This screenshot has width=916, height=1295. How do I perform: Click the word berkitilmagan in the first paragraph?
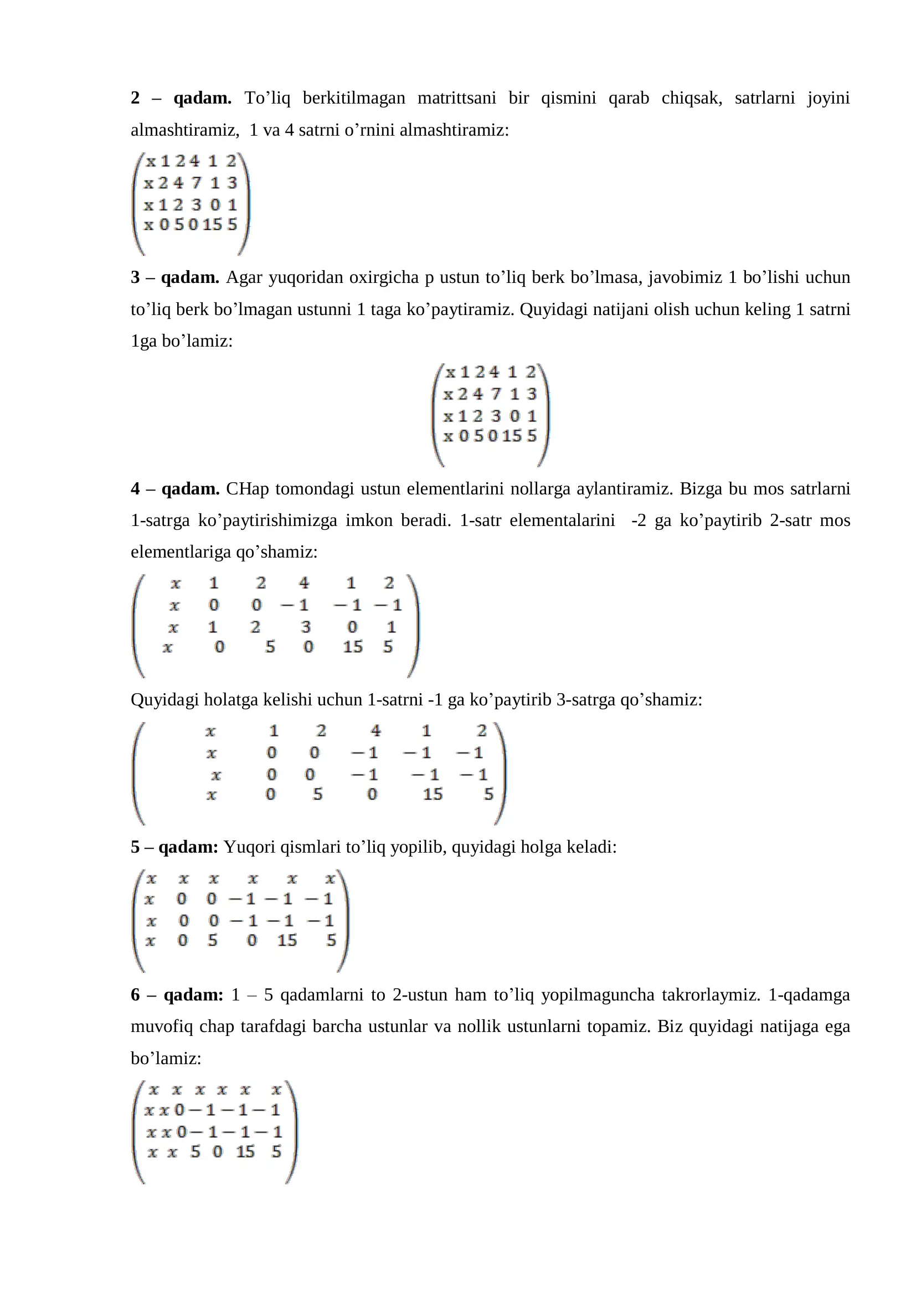click(x=354, y=98)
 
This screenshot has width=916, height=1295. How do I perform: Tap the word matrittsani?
click(x=456, y=98)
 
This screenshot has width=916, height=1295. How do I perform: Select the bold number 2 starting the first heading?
click(x=135, y=98)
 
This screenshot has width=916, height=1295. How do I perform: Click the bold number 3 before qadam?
click(x=135, y=277)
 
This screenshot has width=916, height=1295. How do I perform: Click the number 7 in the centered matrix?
click(x=496, y=394)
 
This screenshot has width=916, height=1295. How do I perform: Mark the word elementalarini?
click(x=562, y=520)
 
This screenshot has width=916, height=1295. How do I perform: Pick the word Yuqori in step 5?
click(x=249, y=847)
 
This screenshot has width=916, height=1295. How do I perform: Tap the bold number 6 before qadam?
click(x=135, y=995)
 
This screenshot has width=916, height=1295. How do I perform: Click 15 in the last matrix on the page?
click(x=245, y=1151)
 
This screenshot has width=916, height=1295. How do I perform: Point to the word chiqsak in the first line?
click(x=692, y=98)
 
